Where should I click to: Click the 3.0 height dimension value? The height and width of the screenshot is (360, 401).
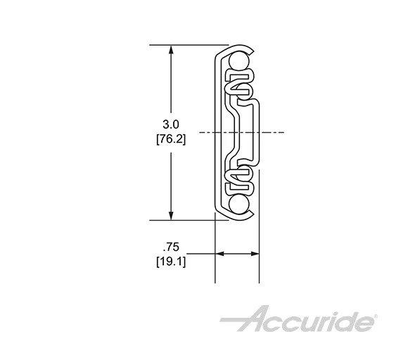click(x=170, y=124)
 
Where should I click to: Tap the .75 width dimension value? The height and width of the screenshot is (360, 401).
click(x=170, y=248)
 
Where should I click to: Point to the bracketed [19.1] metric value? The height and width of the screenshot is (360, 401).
click(x=170, y=262)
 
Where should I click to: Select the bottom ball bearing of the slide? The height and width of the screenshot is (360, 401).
click(x=238, y=203)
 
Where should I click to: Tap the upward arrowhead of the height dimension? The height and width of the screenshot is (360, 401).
click(x=170, y=50)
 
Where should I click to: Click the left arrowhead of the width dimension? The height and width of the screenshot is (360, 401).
click(x=218, y=254)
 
